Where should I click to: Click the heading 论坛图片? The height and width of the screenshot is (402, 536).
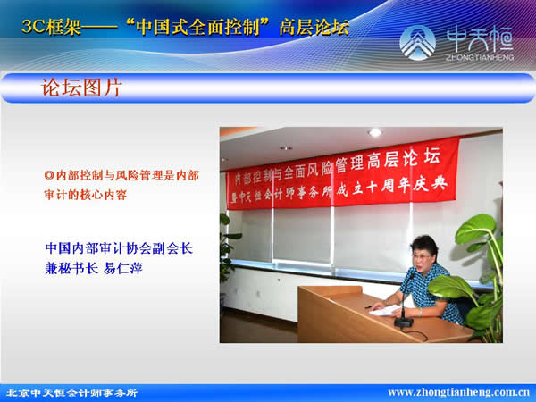(81, 88)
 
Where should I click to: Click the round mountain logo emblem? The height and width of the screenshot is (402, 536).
(417, 43)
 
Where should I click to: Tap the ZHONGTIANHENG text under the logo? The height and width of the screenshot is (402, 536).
(479, 57)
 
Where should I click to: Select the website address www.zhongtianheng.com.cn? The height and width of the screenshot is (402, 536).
(459, 392)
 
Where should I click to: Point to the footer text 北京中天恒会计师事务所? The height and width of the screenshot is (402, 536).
(72, 393)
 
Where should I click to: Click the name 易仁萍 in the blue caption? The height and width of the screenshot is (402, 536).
(122, 268)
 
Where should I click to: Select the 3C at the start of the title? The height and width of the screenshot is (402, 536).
(33, 27)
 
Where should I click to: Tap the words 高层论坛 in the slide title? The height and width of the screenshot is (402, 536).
(314, 27)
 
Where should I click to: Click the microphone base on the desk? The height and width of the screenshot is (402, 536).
(404, 322)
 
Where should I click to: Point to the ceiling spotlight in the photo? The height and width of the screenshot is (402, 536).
(375, 132)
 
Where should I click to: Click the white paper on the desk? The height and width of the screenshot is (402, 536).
(385, 310)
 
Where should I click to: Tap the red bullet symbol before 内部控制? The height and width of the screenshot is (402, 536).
(49, 175)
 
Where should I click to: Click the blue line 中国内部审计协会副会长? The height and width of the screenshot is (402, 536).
(119, 248)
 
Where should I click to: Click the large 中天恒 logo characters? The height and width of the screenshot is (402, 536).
(479, 39)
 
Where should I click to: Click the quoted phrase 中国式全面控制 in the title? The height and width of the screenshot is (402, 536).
(198, 27)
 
